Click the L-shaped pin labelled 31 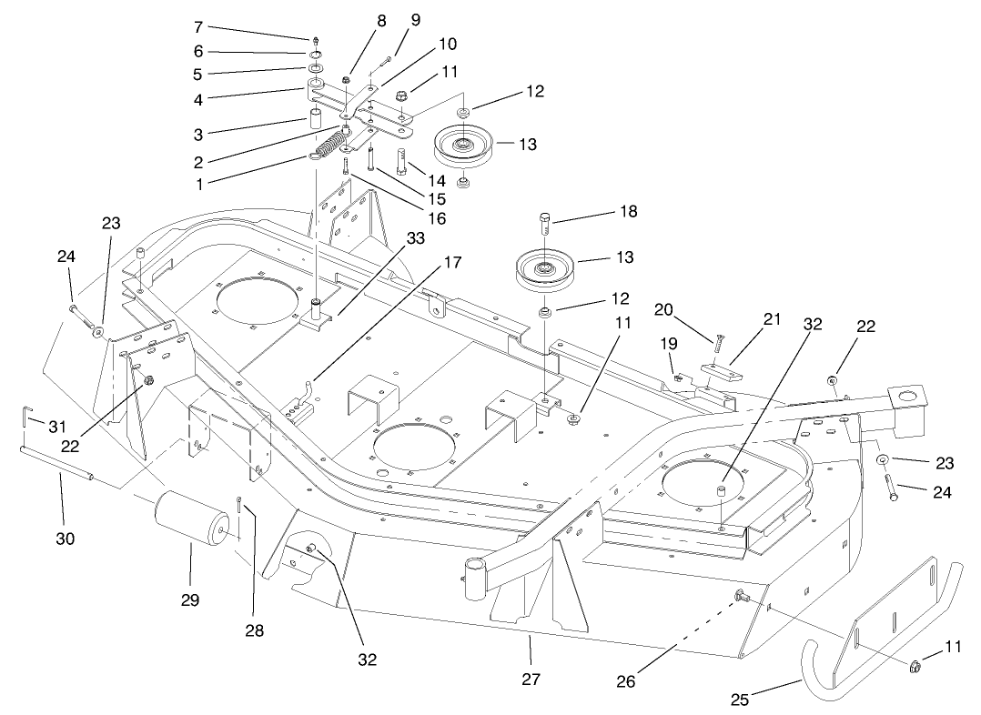pos(25,418)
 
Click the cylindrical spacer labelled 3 pos(314,119)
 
